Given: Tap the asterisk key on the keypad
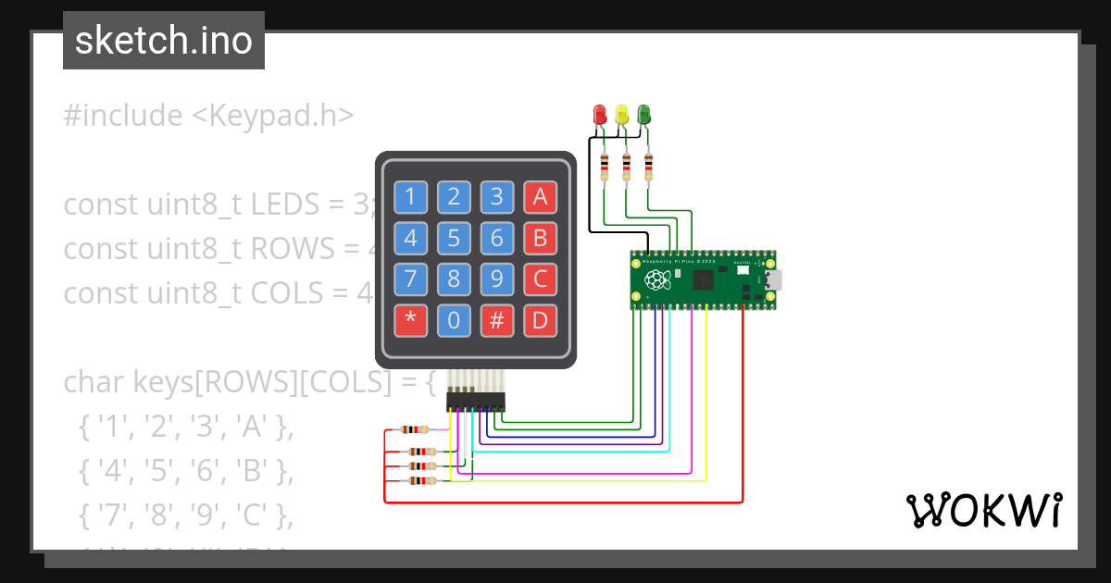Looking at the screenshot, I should tap(410, 321).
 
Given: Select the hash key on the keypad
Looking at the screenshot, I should tap(497, 321).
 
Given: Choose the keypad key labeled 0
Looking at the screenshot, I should tap(454, 321).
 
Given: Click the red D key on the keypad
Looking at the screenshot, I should tap(540, 321).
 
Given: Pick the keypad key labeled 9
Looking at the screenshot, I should tap(497, 279).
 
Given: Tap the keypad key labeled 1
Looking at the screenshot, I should tap(410, 196).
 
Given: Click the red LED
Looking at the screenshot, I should tap(600, 115).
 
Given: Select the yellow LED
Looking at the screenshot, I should tap(622, 115).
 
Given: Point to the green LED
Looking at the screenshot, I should tap(644, 115).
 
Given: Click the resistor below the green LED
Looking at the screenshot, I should tap(648, 167).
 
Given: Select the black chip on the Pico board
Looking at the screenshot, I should tap(704, 280).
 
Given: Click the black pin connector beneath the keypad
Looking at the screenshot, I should tap(476, 402).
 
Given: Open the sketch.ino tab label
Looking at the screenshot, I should tap(163, 41).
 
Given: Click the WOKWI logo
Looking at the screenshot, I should tap(983, 510).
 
